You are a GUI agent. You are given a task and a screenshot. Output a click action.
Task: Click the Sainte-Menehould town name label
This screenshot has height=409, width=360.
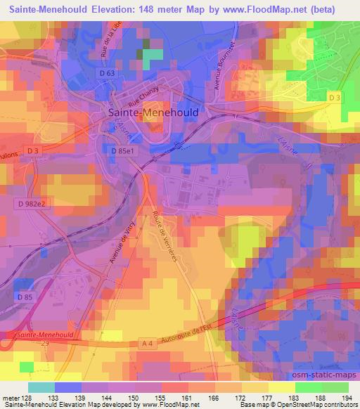153,112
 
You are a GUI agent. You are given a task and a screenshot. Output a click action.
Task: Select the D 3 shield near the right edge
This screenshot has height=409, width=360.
334,98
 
